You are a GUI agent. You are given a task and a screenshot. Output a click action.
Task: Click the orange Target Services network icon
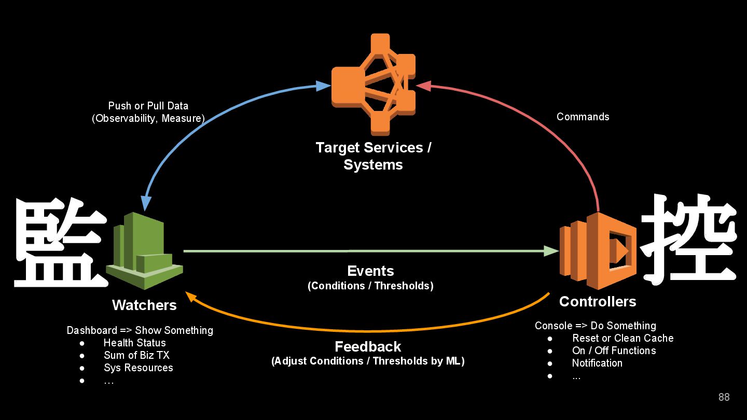coord(374,85)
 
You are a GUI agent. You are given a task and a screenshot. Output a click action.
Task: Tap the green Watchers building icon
coord(144,250)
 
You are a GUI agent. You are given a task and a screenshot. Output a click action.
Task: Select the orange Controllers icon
coord(598,250)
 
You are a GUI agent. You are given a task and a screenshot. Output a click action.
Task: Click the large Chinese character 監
coord(61,243)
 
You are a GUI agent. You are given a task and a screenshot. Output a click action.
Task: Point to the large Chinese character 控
coord(688,239)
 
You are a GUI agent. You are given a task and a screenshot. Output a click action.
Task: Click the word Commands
coord(583,117)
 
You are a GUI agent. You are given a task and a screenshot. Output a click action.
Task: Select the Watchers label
coord(144,305)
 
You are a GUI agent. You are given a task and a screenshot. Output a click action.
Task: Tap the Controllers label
coord(598,301)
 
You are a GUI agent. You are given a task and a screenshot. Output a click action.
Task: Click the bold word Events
coord(370,271)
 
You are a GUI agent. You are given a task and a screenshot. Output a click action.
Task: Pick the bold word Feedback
coord(368,347)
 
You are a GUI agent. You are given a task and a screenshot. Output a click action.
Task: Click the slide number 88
coord(724,397)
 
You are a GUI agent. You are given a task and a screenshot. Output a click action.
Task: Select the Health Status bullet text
coord(135,343)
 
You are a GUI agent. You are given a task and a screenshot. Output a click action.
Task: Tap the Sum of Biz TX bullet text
coord(137,355)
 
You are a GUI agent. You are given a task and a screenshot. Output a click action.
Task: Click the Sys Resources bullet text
coord(139,368)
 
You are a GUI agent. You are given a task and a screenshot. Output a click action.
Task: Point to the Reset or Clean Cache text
coord(623,338)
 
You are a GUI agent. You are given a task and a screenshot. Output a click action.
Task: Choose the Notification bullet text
coord(597,363)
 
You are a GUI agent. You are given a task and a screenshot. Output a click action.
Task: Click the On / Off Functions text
coord(614,351)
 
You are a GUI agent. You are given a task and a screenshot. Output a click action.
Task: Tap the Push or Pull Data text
coord(148,106)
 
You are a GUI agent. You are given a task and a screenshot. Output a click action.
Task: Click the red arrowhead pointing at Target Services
coord(423,86)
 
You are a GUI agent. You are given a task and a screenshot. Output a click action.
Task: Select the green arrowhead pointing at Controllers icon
coord(551,251)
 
